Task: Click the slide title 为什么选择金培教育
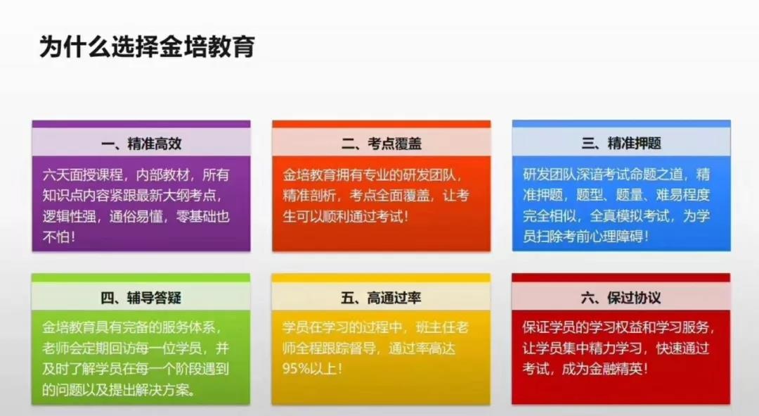pyautogui.click(x=147, y=47)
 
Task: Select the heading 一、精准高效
pyautogui.click(x=141, y=144)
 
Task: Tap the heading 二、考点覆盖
pyautogui.click(x=382, y=144)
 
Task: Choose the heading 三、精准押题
pyautogui.click(x=621, y=144)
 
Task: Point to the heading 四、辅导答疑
pyautogui.click(x=141, y=297)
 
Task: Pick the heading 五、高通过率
pyautogui.click(x=381, y=297)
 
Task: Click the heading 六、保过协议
pyautogui.click(x=621, y=297)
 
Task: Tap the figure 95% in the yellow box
pyautogui.click(x=296, y=369)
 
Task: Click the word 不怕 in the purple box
pyautogui.click(x=56, y=237)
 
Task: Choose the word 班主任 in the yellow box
pyautogui.click(x=436, y=328)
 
